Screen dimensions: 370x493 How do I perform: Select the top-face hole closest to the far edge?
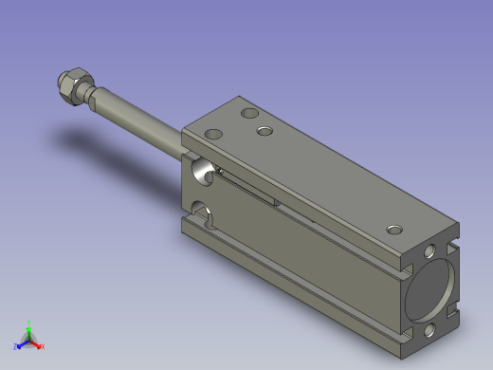(250, 114)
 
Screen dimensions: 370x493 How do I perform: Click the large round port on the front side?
(201, 172)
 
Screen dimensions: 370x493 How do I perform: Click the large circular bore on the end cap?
(429, 290)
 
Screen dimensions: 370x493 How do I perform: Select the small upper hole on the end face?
(430, 252)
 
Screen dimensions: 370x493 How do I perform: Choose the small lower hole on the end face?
(429, 330)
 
